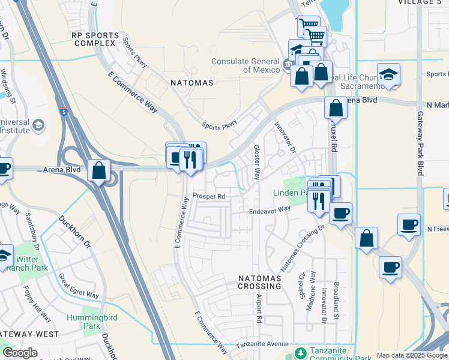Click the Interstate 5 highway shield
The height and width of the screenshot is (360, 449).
(64, 112)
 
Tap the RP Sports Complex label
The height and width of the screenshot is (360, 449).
(93, 40)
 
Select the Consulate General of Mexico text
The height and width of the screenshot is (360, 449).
(245, 65)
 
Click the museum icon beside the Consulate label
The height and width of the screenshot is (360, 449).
(288, 63)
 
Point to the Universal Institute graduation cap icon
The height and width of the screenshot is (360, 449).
(39, 125)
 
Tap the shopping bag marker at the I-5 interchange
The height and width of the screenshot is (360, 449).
(98, 171)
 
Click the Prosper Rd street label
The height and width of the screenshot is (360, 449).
(208, 196)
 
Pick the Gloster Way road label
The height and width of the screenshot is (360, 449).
(256, 162)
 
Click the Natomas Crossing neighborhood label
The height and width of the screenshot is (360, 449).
(259, 282)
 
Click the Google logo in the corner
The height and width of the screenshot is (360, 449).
(20, 353)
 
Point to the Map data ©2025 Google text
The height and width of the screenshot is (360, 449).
(412, 355)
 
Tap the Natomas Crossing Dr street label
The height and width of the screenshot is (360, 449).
(303, 247)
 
